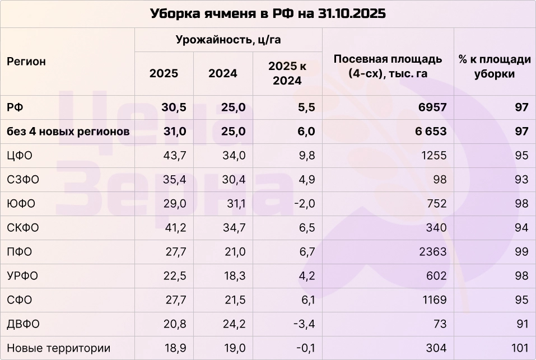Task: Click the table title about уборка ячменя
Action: point(268,13)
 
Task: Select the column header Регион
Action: point(26,62)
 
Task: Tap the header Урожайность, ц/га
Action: point(228,40)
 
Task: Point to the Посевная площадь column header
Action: point(388,66)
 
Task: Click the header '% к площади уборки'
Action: point(494,66)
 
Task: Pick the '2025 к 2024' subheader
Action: point(287,73)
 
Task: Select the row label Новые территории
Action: point(58,348)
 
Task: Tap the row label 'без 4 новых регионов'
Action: point(68,132)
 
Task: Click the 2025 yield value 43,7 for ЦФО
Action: point(166,156)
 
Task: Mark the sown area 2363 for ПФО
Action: point(433,252)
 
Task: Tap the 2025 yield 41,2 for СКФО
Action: point(166,228)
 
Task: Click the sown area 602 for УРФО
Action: point(436,276)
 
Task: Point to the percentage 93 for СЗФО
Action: point(521,180)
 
